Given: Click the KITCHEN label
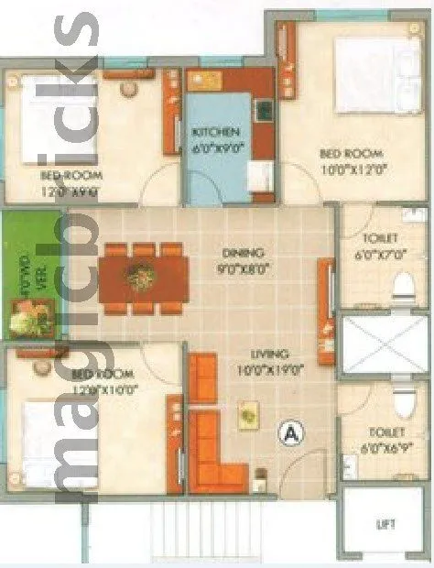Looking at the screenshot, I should (217, 132).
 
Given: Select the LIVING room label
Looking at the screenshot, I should (271, 354).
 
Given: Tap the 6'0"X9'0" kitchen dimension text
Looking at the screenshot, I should (217, 147).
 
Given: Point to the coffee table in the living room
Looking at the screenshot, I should (247, 417).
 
